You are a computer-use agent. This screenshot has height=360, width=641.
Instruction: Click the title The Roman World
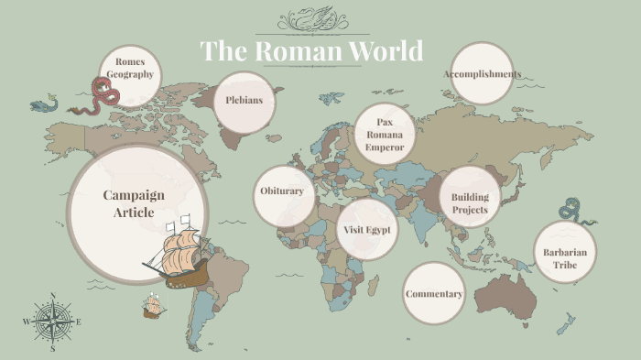pyautogui.click(x=311, y=50)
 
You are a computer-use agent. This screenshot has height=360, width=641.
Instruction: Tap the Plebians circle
pyautogui.click(x=244, y=100)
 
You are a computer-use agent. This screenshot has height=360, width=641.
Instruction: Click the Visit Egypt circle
pyautogui.click(x=367, y=229)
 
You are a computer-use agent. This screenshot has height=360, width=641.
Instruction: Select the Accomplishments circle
pyautogui.click(x=482, y=74)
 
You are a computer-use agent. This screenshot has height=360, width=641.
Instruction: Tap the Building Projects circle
pyautogui.click(x=470, y=202)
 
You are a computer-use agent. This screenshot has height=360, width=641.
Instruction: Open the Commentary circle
pyautogui.click(x=434, y=294)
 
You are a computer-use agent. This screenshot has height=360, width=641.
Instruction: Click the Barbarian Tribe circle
pyautogui.click(x=564, y=258)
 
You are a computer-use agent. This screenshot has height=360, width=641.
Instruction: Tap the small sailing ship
pyautogui.click(x=152, y=307)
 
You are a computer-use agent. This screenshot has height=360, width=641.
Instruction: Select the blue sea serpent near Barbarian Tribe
pyautogui.click(x=577, y=210)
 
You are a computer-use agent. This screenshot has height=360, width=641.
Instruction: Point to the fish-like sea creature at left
pyautogui.click(x=43, y=105)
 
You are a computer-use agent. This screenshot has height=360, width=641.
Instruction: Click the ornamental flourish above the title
pyautogui.click(x=311, y=18)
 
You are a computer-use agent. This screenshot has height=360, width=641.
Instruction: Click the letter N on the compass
pyautogui.click(x=53, y=296)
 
